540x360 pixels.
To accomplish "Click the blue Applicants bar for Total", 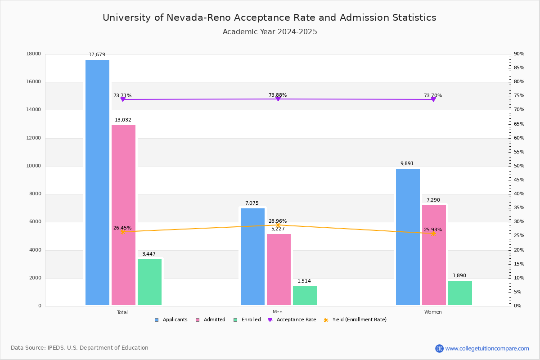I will (97, 182).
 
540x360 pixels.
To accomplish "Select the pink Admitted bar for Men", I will (279, 269).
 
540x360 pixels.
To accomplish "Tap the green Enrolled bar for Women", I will (460, 293).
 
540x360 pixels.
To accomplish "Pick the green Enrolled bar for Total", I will (149, 282).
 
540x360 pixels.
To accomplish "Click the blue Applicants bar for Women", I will (408, 237).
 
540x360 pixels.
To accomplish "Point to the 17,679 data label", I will (97, 55).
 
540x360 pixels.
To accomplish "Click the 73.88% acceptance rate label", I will (278, 95).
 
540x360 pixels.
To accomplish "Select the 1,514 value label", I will (304, 281).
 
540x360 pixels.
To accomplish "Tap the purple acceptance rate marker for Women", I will (433, 99).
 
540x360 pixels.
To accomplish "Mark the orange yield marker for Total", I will (122, 232).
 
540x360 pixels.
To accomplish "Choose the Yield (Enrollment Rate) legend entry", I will (359, 320).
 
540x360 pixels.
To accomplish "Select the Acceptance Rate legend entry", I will (296, 320).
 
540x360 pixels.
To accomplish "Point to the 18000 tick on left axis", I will (34, 54).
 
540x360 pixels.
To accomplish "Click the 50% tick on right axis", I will (519, 166).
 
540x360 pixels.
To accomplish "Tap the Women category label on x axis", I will (433, 312).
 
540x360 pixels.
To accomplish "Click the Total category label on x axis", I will (122, 312).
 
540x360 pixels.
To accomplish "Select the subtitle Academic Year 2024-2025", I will (270, 32).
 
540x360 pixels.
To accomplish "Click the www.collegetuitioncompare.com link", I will (487, 348).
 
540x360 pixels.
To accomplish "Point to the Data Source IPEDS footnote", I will (80, 348).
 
